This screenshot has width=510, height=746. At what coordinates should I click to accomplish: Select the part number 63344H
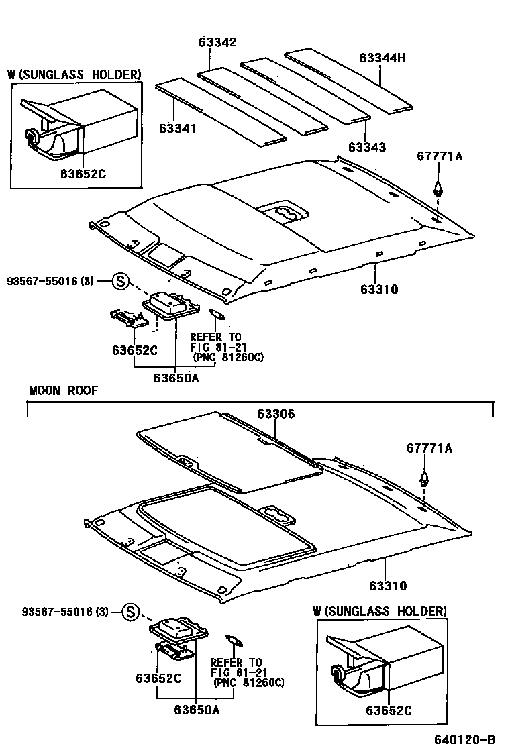coord(382,58)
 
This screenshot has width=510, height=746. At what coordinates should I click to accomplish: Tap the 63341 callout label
coord(178,127)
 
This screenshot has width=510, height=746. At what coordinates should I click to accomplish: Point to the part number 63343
coord(367,146)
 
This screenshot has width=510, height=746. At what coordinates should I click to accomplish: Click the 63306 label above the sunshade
coord(275,415)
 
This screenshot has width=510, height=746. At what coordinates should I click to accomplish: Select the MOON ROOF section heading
coord(63,390)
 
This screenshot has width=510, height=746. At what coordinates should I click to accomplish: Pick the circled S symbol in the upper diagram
coord(119,281)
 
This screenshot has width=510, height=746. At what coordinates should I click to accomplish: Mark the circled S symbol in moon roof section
coord(131,611)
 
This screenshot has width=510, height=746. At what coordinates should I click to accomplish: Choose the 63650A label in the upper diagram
coord(176,378)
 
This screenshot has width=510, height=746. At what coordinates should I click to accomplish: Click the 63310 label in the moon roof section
coord(385,586)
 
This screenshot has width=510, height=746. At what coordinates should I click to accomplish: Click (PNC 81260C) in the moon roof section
coord(248,683)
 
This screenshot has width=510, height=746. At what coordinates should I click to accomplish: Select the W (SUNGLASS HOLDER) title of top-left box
coord(74,74)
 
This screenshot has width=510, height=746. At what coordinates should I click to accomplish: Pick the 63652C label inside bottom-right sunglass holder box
coord(389,710)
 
